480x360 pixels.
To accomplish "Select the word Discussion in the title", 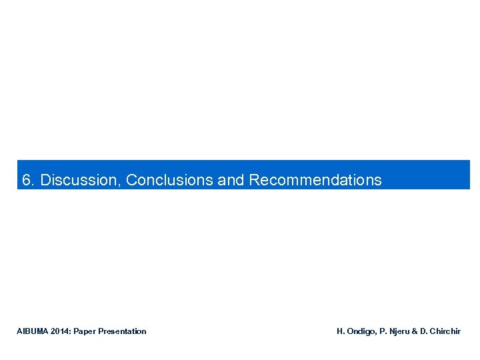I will pos(80,180).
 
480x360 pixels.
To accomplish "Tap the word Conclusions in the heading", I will pos(170,180).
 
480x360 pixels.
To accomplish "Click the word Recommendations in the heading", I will pos(315,180).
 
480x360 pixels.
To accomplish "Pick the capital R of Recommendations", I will pos(254,180).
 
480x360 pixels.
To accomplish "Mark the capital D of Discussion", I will pos(45,180).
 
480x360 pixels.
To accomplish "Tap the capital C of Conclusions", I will pos(131,180).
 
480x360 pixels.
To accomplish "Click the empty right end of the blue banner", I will pos(433,175).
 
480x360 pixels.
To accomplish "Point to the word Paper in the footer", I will pos(85,331).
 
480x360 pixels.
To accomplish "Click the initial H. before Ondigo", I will pos(340,331).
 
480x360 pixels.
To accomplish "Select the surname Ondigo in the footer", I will pos(361,331).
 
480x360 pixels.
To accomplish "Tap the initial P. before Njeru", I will pos(383,331).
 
